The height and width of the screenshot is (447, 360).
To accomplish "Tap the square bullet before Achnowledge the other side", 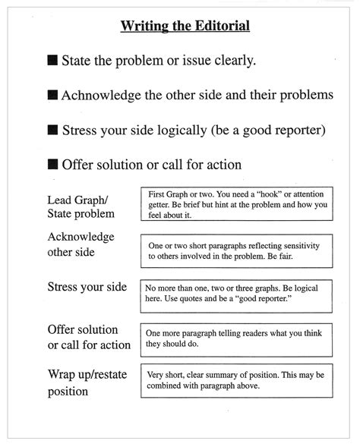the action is coord(52,95).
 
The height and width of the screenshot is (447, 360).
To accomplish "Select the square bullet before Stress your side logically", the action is coord(52,130).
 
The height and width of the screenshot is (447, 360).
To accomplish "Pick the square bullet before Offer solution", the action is coord(52,164).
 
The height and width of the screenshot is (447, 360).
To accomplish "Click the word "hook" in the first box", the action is coord(263,194).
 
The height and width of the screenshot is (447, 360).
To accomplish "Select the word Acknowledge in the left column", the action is coord(81,237).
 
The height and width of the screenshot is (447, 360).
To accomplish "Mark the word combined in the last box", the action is coord(172,386).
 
